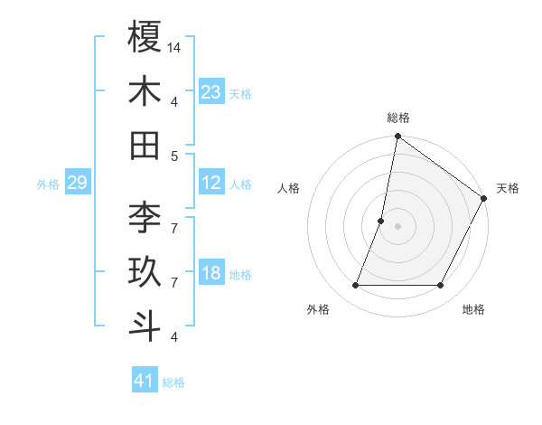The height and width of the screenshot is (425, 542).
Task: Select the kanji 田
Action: (x=145, y=145)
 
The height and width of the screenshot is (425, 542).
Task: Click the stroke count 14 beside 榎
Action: (x=175, y=46)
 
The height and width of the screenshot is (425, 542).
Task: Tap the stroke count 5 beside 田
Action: (x=174, y=156)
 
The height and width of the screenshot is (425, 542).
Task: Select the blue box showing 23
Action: (x=211, y=91)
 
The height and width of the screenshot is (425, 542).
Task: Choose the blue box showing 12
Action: (x=211, y=183)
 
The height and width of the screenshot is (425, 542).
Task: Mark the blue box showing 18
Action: (x=211, y=274)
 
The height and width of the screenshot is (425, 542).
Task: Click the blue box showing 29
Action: (x=77, y=184)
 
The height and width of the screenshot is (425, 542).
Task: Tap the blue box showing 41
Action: (x=145, y=381)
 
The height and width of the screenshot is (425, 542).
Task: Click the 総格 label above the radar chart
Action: (x=398, y=118)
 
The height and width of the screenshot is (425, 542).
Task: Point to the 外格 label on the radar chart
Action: (x=318, y=309)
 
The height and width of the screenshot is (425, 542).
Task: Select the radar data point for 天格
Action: (x=485, y=199)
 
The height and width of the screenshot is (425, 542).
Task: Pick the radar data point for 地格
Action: (x=441, y=286)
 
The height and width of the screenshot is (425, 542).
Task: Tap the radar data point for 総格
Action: (x=397, y=137)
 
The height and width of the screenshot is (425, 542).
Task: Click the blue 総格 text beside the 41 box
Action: (x=173, y=382)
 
